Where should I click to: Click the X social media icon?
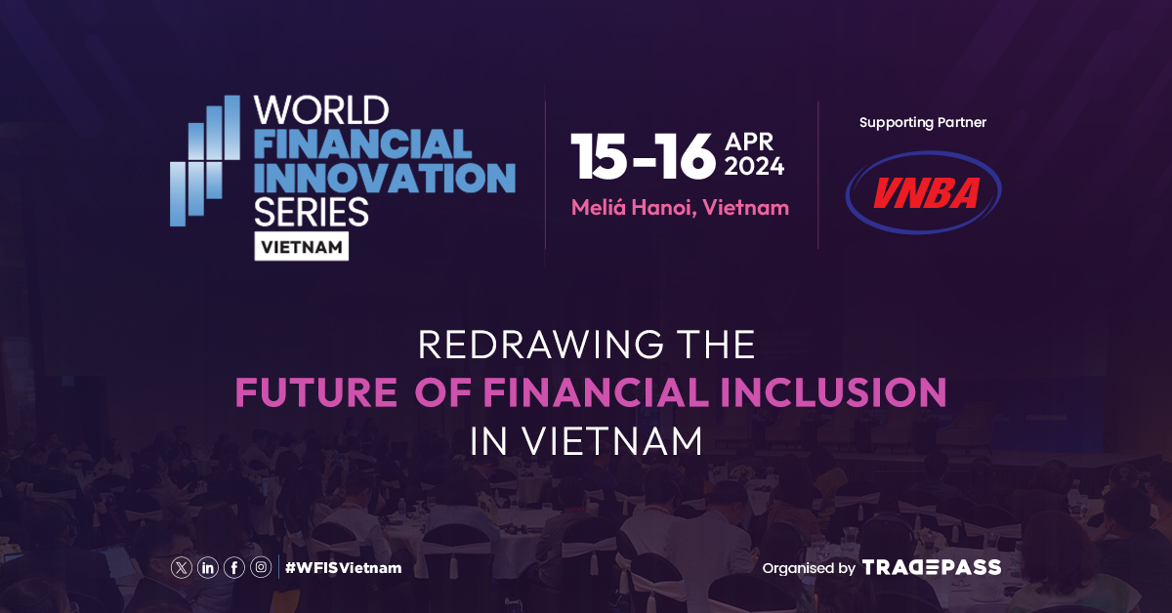pos(182,567)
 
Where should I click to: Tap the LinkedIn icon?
pos(208,567)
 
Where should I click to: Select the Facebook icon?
pos(234,567)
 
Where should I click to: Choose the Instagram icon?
pos(261,567)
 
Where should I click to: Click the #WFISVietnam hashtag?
pos(343,567)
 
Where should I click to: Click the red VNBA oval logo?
pos(923,192)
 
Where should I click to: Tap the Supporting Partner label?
pos(923,123)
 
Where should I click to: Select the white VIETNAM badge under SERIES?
pos(302,247)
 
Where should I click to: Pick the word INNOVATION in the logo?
pos(384,178)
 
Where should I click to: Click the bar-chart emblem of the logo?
pos(204,161)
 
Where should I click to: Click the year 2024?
pos(754,167)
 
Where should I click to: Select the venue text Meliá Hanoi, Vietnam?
pos(680,208)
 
